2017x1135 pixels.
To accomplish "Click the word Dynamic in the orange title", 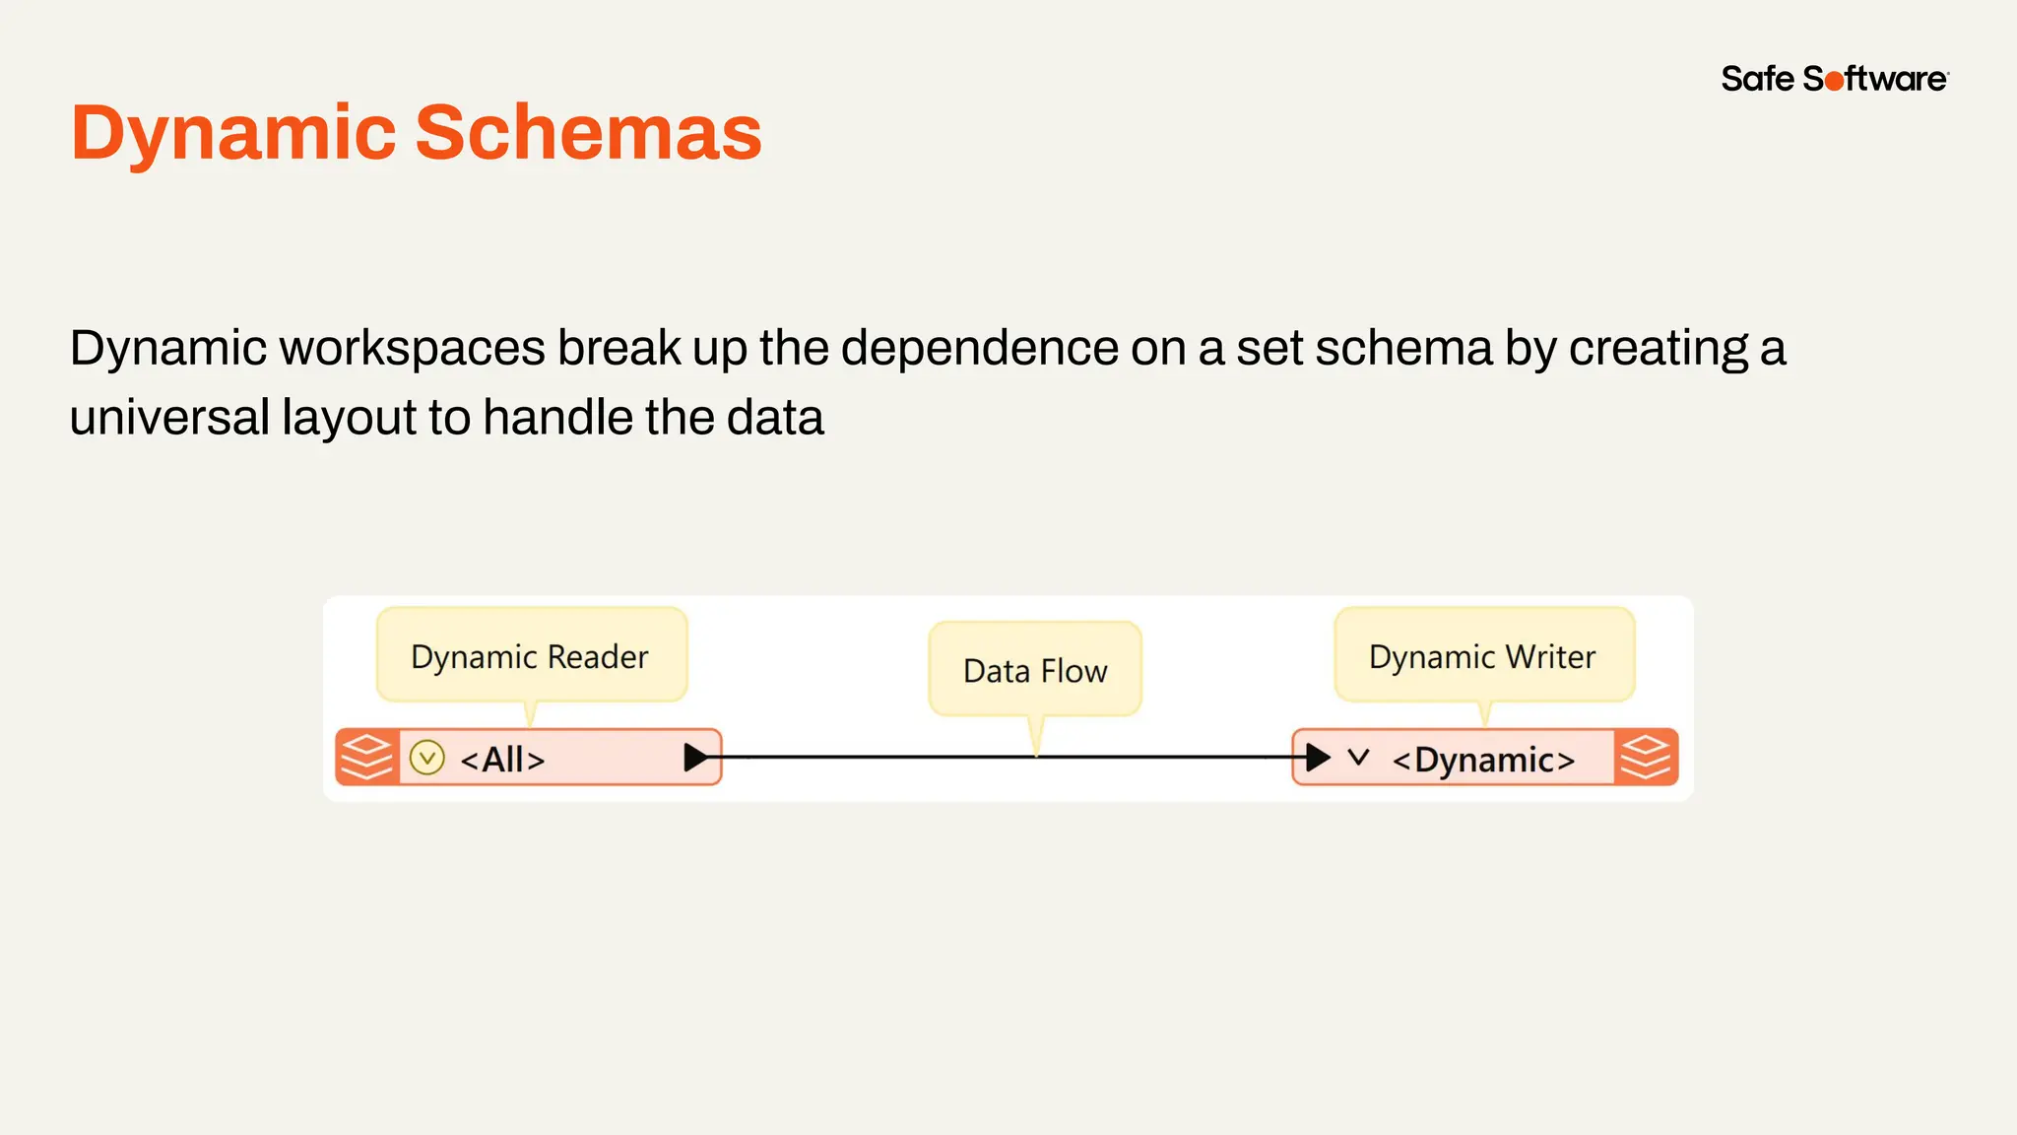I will (x=233, y=133).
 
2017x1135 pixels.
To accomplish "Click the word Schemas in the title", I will (x=588, y=133).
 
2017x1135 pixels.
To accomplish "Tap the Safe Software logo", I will (x=1834, y=79).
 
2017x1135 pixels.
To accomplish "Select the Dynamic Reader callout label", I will (x=530, y=656).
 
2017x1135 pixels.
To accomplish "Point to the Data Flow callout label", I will (x=1035, y=671).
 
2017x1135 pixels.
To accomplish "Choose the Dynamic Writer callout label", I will (x=1482, y=656).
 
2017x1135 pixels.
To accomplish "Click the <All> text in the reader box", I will (x=502, y=760).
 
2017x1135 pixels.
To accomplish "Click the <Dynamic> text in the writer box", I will (x=1483, y=760).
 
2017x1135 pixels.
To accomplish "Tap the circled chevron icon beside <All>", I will (x=427, y=758).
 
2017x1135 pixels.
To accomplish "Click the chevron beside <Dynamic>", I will (x=1359, y=758).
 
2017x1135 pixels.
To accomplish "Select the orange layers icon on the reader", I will (x=366, y=758).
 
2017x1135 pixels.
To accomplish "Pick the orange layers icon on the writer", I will (x=1646, y=758).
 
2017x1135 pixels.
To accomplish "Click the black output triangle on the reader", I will (x=696, y=758).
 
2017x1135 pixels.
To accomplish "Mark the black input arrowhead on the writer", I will (x=1318, y=758).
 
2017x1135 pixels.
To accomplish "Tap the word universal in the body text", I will (x=169, y=418).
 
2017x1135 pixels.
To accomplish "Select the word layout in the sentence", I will (x=349, y=418).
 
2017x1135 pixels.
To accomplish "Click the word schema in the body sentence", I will (x=1403, y=349).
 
